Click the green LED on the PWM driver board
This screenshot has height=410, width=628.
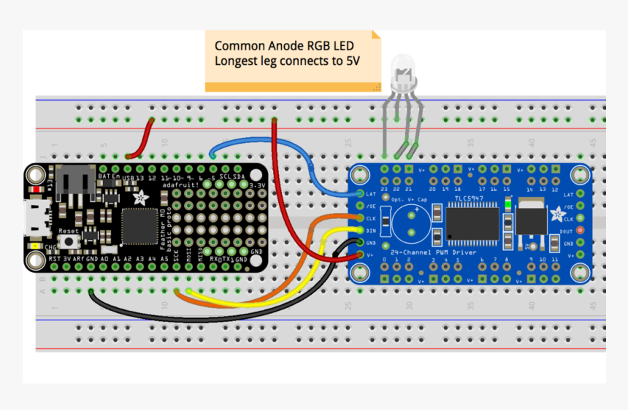[x=507, y=205]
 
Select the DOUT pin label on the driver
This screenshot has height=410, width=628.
[x=567, y=230]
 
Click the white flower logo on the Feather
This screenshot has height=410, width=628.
[x=138, y=196]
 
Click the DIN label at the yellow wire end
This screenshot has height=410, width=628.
[x=371, y=230]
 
